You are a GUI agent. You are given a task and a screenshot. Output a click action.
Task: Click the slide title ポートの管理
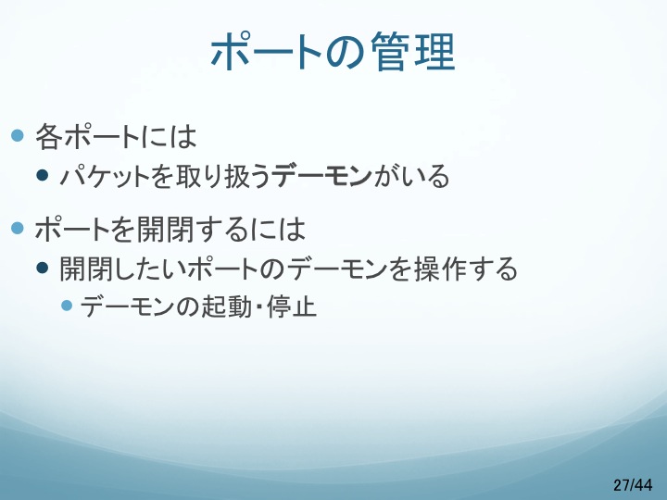[x=333, y=52]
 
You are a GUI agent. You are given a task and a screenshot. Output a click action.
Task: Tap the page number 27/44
[x=633, y=484]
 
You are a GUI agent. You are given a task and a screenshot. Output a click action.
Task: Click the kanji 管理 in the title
[x=413, y=52]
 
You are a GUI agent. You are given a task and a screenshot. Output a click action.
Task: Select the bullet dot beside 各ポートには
[x=17, y=135]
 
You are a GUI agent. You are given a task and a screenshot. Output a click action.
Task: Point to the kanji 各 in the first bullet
[x=47, y=136]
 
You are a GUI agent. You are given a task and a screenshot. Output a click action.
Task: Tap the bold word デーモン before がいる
[x=322, y=176]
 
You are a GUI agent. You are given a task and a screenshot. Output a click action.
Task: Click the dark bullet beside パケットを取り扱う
[x=42, y=175]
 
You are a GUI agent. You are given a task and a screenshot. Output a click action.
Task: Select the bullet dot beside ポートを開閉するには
[x=17, y=229]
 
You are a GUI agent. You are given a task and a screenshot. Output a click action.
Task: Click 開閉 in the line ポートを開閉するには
[x=163, y=230]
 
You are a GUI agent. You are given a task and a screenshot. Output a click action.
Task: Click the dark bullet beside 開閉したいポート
[x=42, y=268]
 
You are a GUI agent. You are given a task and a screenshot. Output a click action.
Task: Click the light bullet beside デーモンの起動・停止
[x=67, y=306]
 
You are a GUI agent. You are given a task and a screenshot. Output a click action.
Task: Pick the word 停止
[x=292, y=306]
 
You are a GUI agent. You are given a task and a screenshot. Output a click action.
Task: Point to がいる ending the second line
[x=411, y=176]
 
